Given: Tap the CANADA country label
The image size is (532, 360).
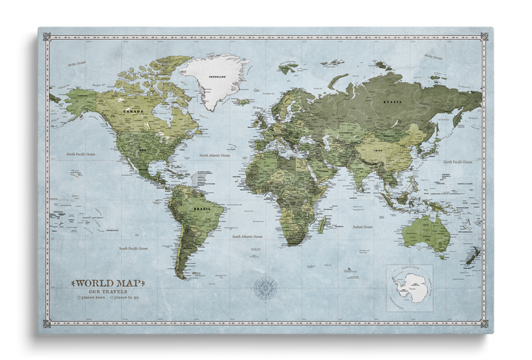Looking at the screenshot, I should pos(134,111).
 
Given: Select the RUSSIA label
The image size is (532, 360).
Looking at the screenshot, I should pos(392,103).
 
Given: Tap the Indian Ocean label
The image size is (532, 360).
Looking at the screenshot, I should pos(362,227).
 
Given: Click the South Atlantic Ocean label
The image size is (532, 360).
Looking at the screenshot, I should pos(247,237).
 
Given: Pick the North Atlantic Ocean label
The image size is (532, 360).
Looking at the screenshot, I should pos(215,155).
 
